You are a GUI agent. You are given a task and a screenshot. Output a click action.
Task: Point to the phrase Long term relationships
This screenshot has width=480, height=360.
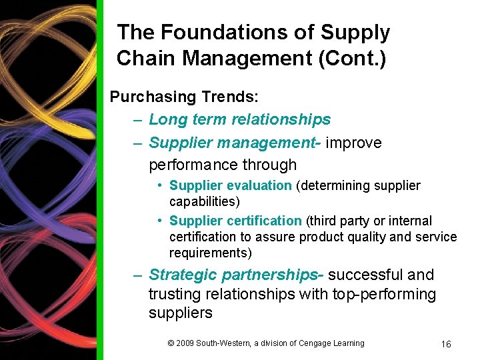(239, 119)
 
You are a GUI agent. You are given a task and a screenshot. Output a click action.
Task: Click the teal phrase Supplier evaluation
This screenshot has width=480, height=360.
(230, 185)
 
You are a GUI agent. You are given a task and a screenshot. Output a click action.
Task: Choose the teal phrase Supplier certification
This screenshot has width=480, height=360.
(235, 221)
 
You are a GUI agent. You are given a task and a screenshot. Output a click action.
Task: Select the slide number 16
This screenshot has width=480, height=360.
(446, 344)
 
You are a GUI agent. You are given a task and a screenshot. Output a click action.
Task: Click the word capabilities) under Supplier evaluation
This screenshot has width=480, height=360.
(204, 201)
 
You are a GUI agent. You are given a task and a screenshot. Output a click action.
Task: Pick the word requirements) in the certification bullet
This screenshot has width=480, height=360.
(209, 253)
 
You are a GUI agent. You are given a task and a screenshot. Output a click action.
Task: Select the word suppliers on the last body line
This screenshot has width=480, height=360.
(180, 313)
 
